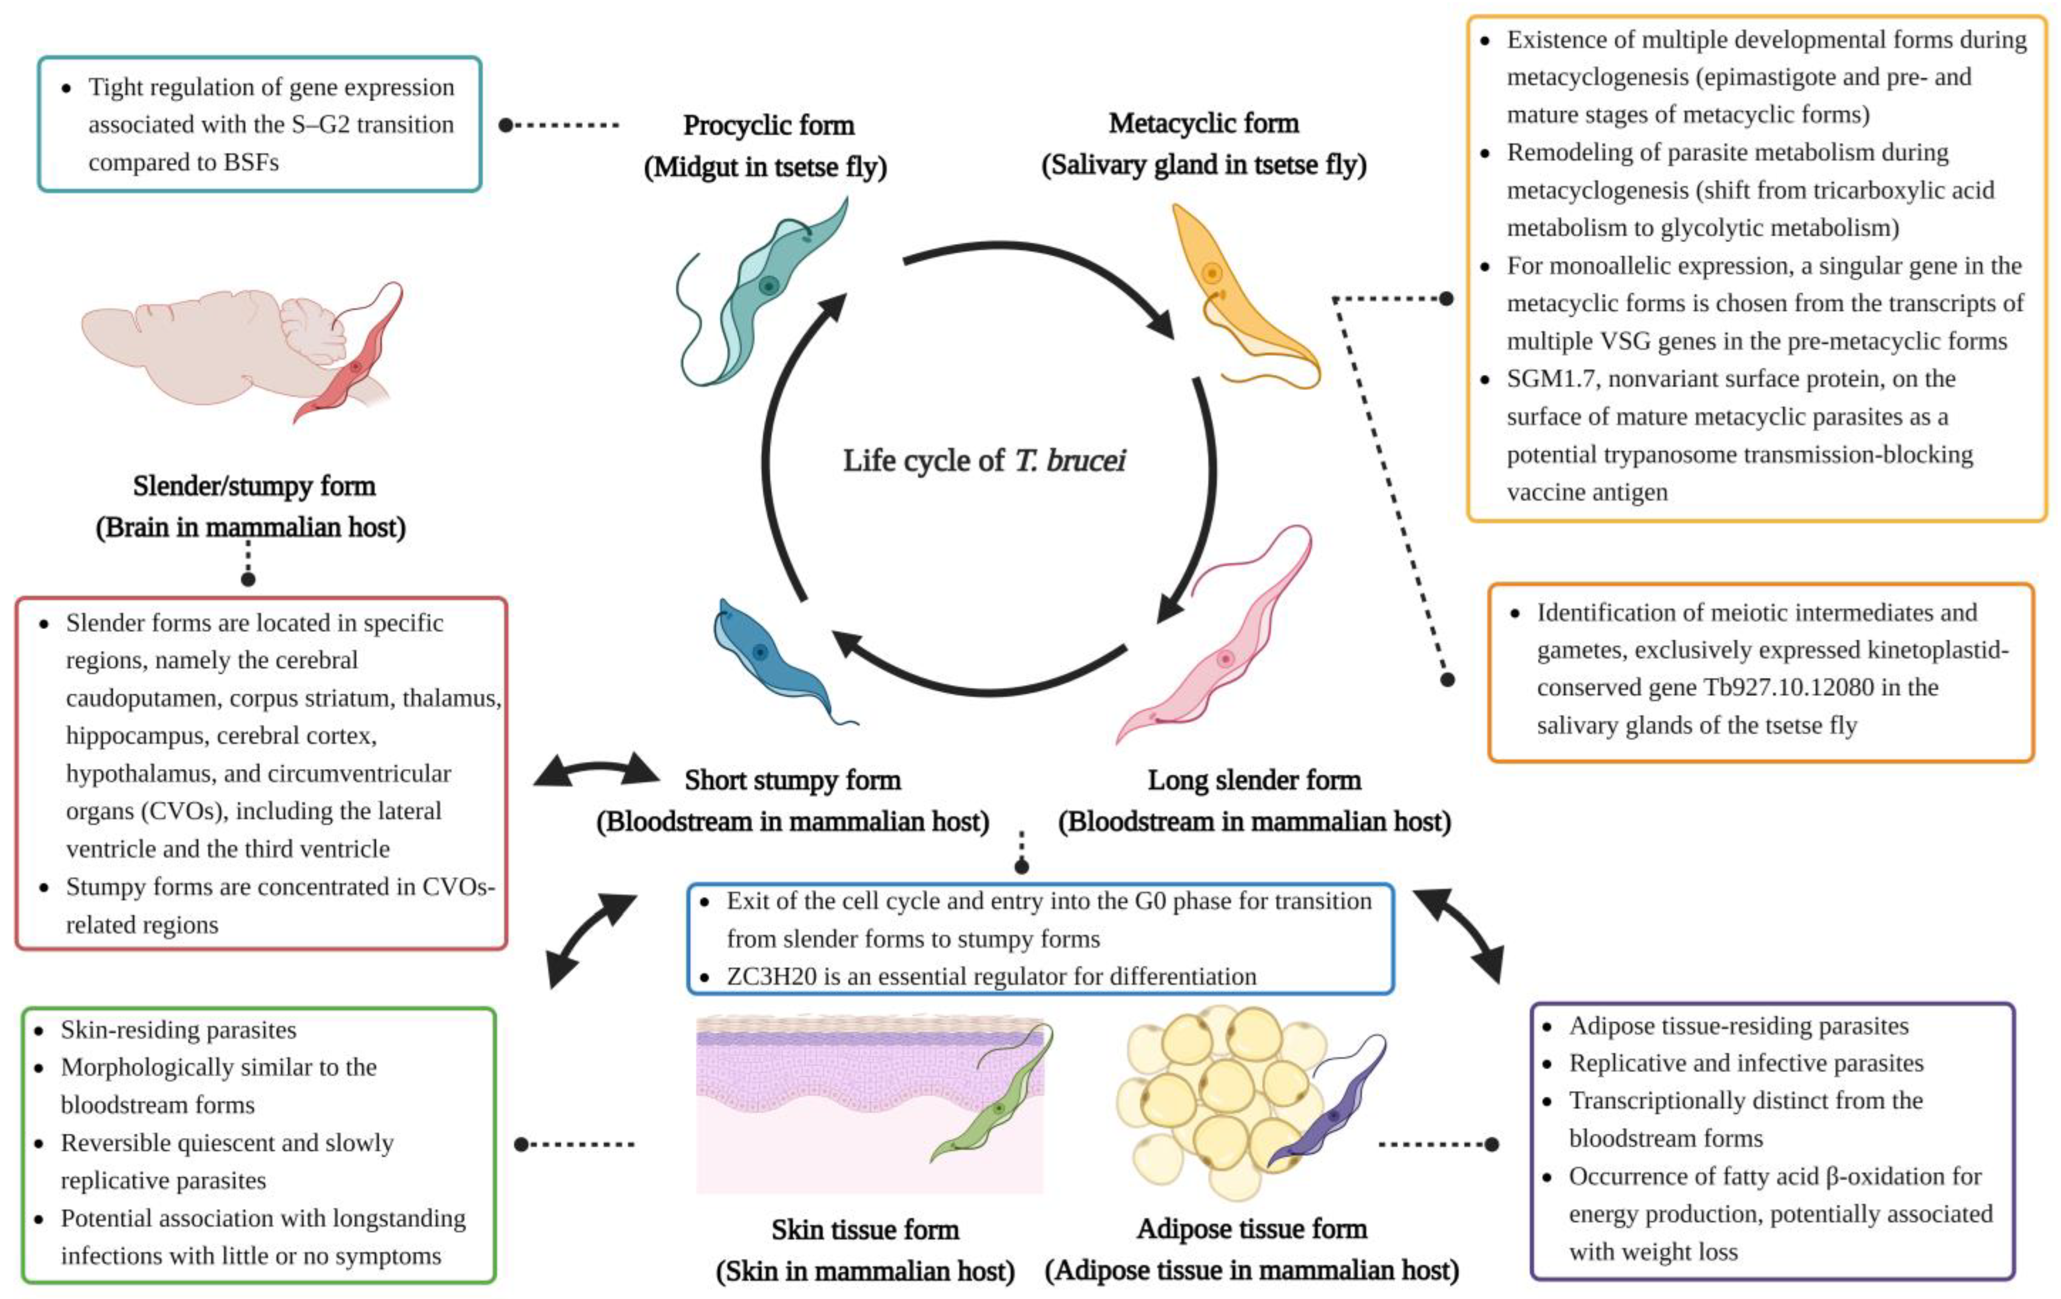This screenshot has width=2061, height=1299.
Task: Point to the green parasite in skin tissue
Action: [x=993, y=1104]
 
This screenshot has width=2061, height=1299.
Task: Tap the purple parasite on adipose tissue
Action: [x=1331, y=1112]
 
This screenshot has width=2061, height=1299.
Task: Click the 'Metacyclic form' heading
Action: [x=1203, y=123]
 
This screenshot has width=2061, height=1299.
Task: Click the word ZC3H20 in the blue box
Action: [x=771, y=976]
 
